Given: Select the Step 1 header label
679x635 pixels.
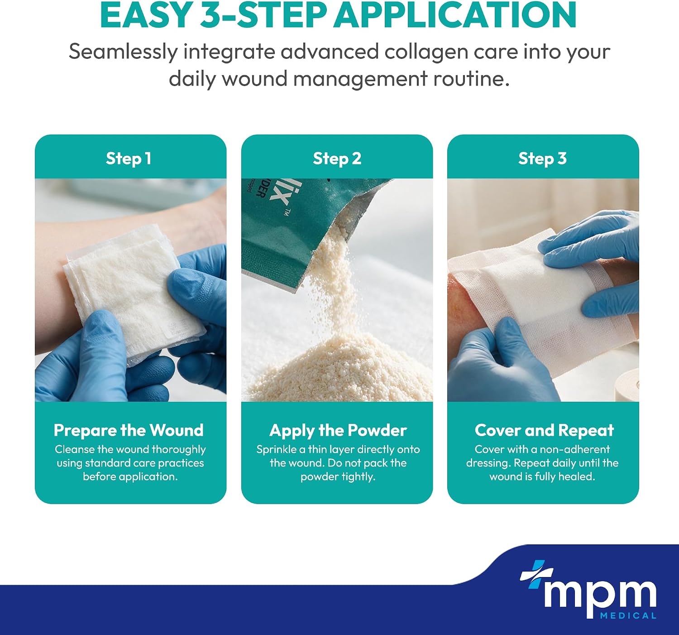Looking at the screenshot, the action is click(x=129, y=159).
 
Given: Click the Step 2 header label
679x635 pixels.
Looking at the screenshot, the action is click(x=337, y=159).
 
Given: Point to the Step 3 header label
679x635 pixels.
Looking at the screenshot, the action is click(x=543, y=159).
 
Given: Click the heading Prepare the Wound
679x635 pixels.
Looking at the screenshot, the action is click(x=129, y=430).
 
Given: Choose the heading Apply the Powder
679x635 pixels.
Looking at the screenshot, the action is click(x=338, y=431).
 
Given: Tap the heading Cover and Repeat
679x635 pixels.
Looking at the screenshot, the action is click(x=544, y=430).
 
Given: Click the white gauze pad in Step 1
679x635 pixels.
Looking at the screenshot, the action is click(x=134, y=291).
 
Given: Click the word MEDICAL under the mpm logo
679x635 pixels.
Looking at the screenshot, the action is click(x=628, y=616).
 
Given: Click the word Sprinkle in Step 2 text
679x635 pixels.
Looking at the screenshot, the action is click(x=277, y=450).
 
